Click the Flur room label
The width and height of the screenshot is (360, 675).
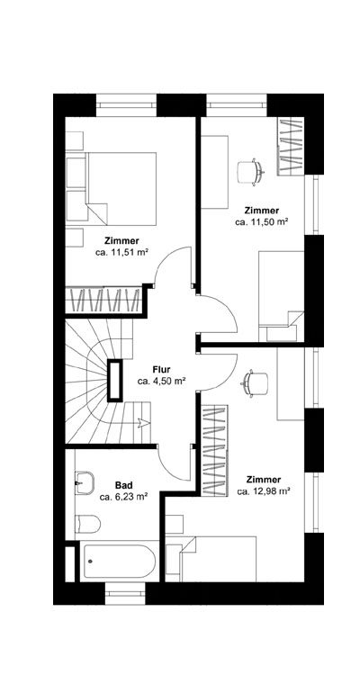point(162,369)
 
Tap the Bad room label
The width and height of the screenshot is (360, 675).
point(123,483)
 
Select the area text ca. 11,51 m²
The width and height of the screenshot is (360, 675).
point(121,254)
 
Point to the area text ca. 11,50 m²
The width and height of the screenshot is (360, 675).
point(261,220)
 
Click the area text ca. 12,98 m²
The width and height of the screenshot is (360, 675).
point(263,492)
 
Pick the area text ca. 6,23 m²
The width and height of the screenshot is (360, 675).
point(123,496)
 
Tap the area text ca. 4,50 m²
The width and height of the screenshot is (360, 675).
point(162,382)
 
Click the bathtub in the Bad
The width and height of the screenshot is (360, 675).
point(118,563)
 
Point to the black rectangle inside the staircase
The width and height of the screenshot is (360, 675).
point(115,379)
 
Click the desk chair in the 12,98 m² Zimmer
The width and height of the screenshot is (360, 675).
point(255,382)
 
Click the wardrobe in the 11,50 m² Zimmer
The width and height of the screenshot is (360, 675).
point(291,148)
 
